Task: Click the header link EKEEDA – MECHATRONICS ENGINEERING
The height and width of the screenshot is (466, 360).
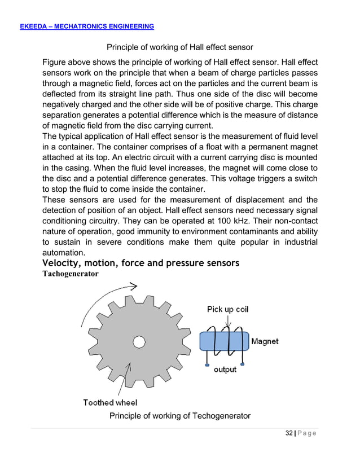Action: pos(87,27)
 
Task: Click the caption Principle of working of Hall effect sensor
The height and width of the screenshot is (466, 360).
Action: pos(180,47)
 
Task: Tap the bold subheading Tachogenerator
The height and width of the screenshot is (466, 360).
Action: pos(71,274)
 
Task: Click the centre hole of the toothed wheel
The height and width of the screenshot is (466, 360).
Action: pos(139,341)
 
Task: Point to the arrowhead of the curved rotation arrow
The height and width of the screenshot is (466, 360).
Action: pos(134,287)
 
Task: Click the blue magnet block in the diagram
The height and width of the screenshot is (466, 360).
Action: pos(224,342)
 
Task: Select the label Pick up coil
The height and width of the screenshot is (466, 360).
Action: pos(227,309)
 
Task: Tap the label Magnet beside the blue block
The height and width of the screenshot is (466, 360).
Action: pos(265,341)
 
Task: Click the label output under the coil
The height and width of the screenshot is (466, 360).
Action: pos(225,370)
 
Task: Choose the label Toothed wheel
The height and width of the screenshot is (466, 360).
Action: pos(110,402)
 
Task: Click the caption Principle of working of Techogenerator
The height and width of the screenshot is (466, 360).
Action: pos(179,416)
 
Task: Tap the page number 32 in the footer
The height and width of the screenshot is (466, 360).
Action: pos(289,433)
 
